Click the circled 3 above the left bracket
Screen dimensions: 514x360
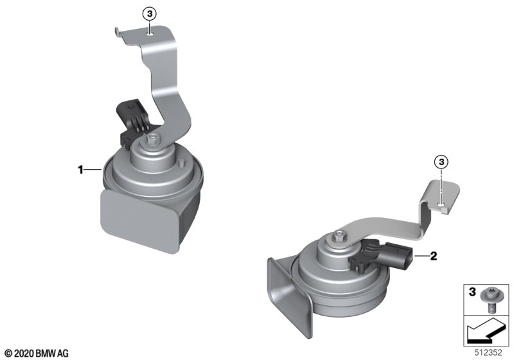coord(150,14)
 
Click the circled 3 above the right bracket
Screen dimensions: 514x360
coord(441,161)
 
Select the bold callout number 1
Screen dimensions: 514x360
coord(80,170)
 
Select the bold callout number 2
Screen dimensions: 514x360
coord(433,256)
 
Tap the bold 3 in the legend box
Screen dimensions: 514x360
coord(472,291)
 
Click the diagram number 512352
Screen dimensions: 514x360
coord(488,353)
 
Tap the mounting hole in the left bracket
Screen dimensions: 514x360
coord(150,33)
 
